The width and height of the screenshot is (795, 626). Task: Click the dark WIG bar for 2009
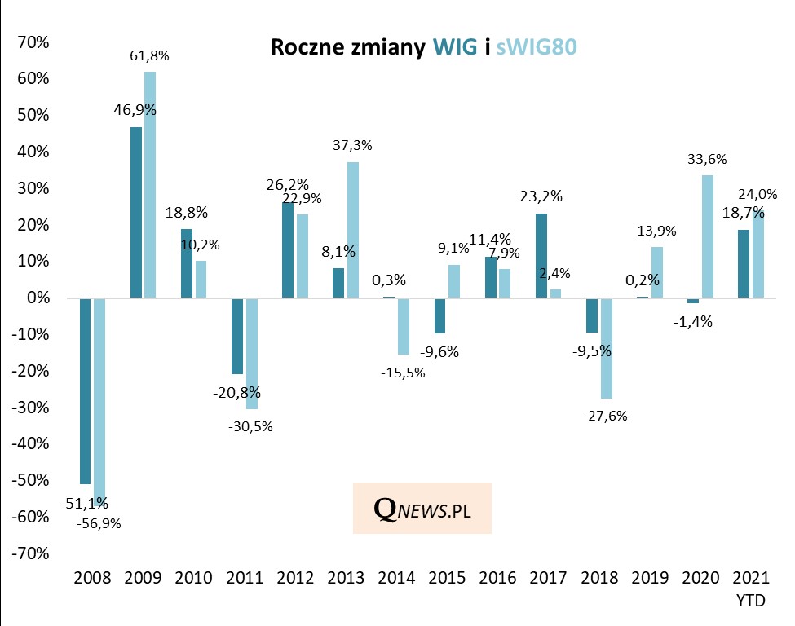pyautogui.click(x=135, y=212)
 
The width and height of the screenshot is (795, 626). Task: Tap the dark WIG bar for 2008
pyautogui.click(x=85, y=390)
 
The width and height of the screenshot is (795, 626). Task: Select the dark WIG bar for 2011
pyautogui.click(x=237, y=336)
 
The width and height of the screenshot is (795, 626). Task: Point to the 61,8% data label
pyautogui.click(x=150, y=56)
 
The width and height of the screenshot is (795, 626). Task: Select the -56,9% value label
pyautogui.click(x=99, y=523)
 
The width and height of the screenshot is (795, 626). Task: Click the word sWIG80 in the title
pyautogui.click(x=536, y=48)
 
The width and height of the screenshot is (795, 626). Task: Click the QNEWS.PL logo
pyautogui.click(x=422, y=508)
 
